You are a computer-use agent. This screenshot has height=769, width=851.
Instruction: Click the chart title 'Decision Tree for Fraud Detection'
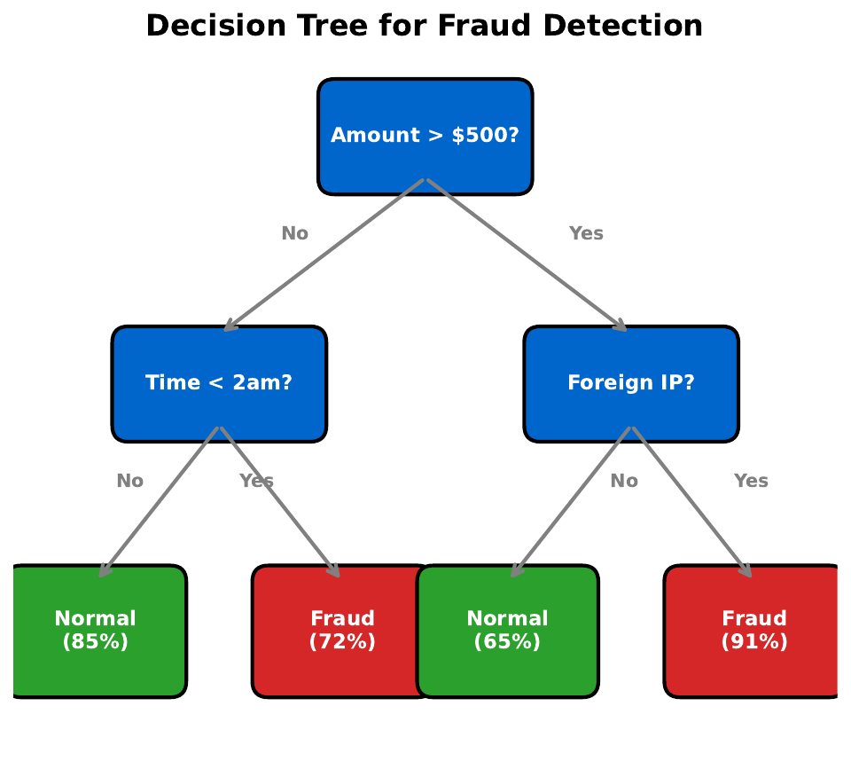tap(424, 27)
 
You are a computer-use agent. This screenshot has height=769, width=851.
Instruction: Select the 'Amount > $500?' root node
tap(425, 136)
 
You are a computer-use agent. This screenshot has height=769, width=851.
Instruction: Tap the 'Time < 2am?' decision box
tap(219, 383)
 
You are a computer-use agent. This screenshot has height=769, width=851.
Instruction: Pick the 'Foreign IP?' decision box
tap(631, 383)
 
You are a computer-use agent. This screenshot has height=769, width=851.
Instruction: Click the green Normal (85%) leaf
tap(96, 631)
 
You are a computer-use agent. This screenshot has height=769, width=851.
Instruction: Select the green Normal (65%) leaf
tap(508, 631)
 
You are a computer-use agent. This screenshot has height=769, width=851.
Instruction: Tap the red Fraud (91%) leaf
tap(754, 631)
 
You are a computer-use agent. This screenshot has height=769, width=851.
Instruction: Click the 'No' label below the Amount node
tap(295, 234)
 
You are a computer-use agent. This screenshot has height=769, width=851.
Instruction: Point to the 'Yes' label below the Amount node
tap(586, 234)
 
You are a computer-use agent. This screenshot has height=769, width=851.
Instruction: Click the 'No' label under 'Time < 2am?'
tap(130, 482)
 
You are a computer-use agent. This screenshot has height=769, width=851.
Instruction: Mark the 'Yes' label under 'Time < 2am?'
tap(256, 482)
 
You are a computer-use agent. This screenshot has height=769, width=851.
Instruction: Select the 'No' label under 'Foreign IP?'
tap(624, 482)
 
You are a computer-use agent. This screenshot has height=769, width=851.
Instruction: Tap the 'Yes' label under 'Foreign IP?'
tap(751, 482)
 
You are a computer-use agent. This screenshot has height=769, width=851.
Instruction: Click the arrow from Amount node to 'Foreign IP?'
tap(527, 255)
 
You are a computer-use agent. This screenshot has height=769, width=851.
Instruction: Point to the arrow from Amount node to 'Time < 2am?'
tap(324, 255)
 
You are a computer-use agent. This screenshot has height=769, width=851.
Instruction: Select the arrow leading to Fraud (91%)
tap(691, 502)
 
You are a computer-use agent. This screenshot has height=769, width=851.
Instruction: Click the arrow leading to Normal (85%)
tap(160, 502)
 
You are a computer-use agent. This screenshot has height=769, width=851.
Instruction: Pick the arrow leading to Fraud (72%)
tap(279, 502)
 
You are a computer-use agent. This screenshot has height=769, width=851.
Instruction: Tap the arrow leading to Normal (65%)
tap(572, 502)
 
